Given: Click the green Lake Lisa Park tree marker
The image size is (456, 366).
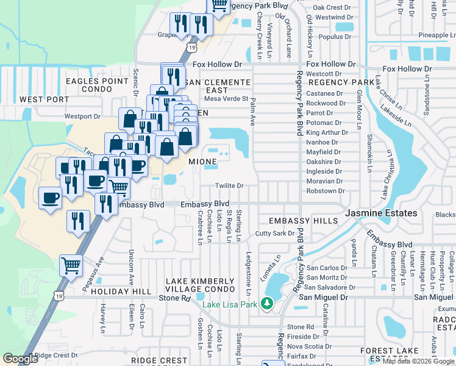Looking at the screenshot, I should pos(266,303).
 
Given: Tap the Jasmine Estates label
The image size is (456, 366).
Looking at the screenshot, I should pos(382,213).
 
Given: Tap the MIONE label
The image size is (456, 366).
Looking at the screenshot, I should pos(202,162).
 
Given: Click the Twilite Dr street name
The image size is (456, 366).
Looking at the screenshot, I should pos(229,186).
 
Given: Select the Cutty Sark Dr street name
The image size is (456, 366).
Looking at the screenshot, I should pos(275,234).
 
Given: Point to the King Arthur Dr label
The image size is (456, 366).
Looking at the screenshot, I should pos(327,132).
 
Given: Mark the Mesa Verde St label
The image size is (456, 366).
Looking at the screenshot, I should pos(226,98).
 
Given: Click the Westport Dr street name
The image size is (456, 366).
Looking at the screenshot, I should pos(82,116).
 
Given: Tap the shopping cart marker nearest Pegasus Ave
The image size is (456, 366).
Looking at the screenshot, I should pos(71,265).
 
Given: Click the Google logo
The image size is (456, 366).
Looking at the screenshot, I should pos(20,359).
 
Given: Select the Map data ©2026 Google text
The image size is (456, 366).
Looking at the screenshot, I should pos(418,361).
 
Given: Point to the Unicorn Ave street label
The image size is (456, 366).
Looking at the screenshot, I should pos(130,267).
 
